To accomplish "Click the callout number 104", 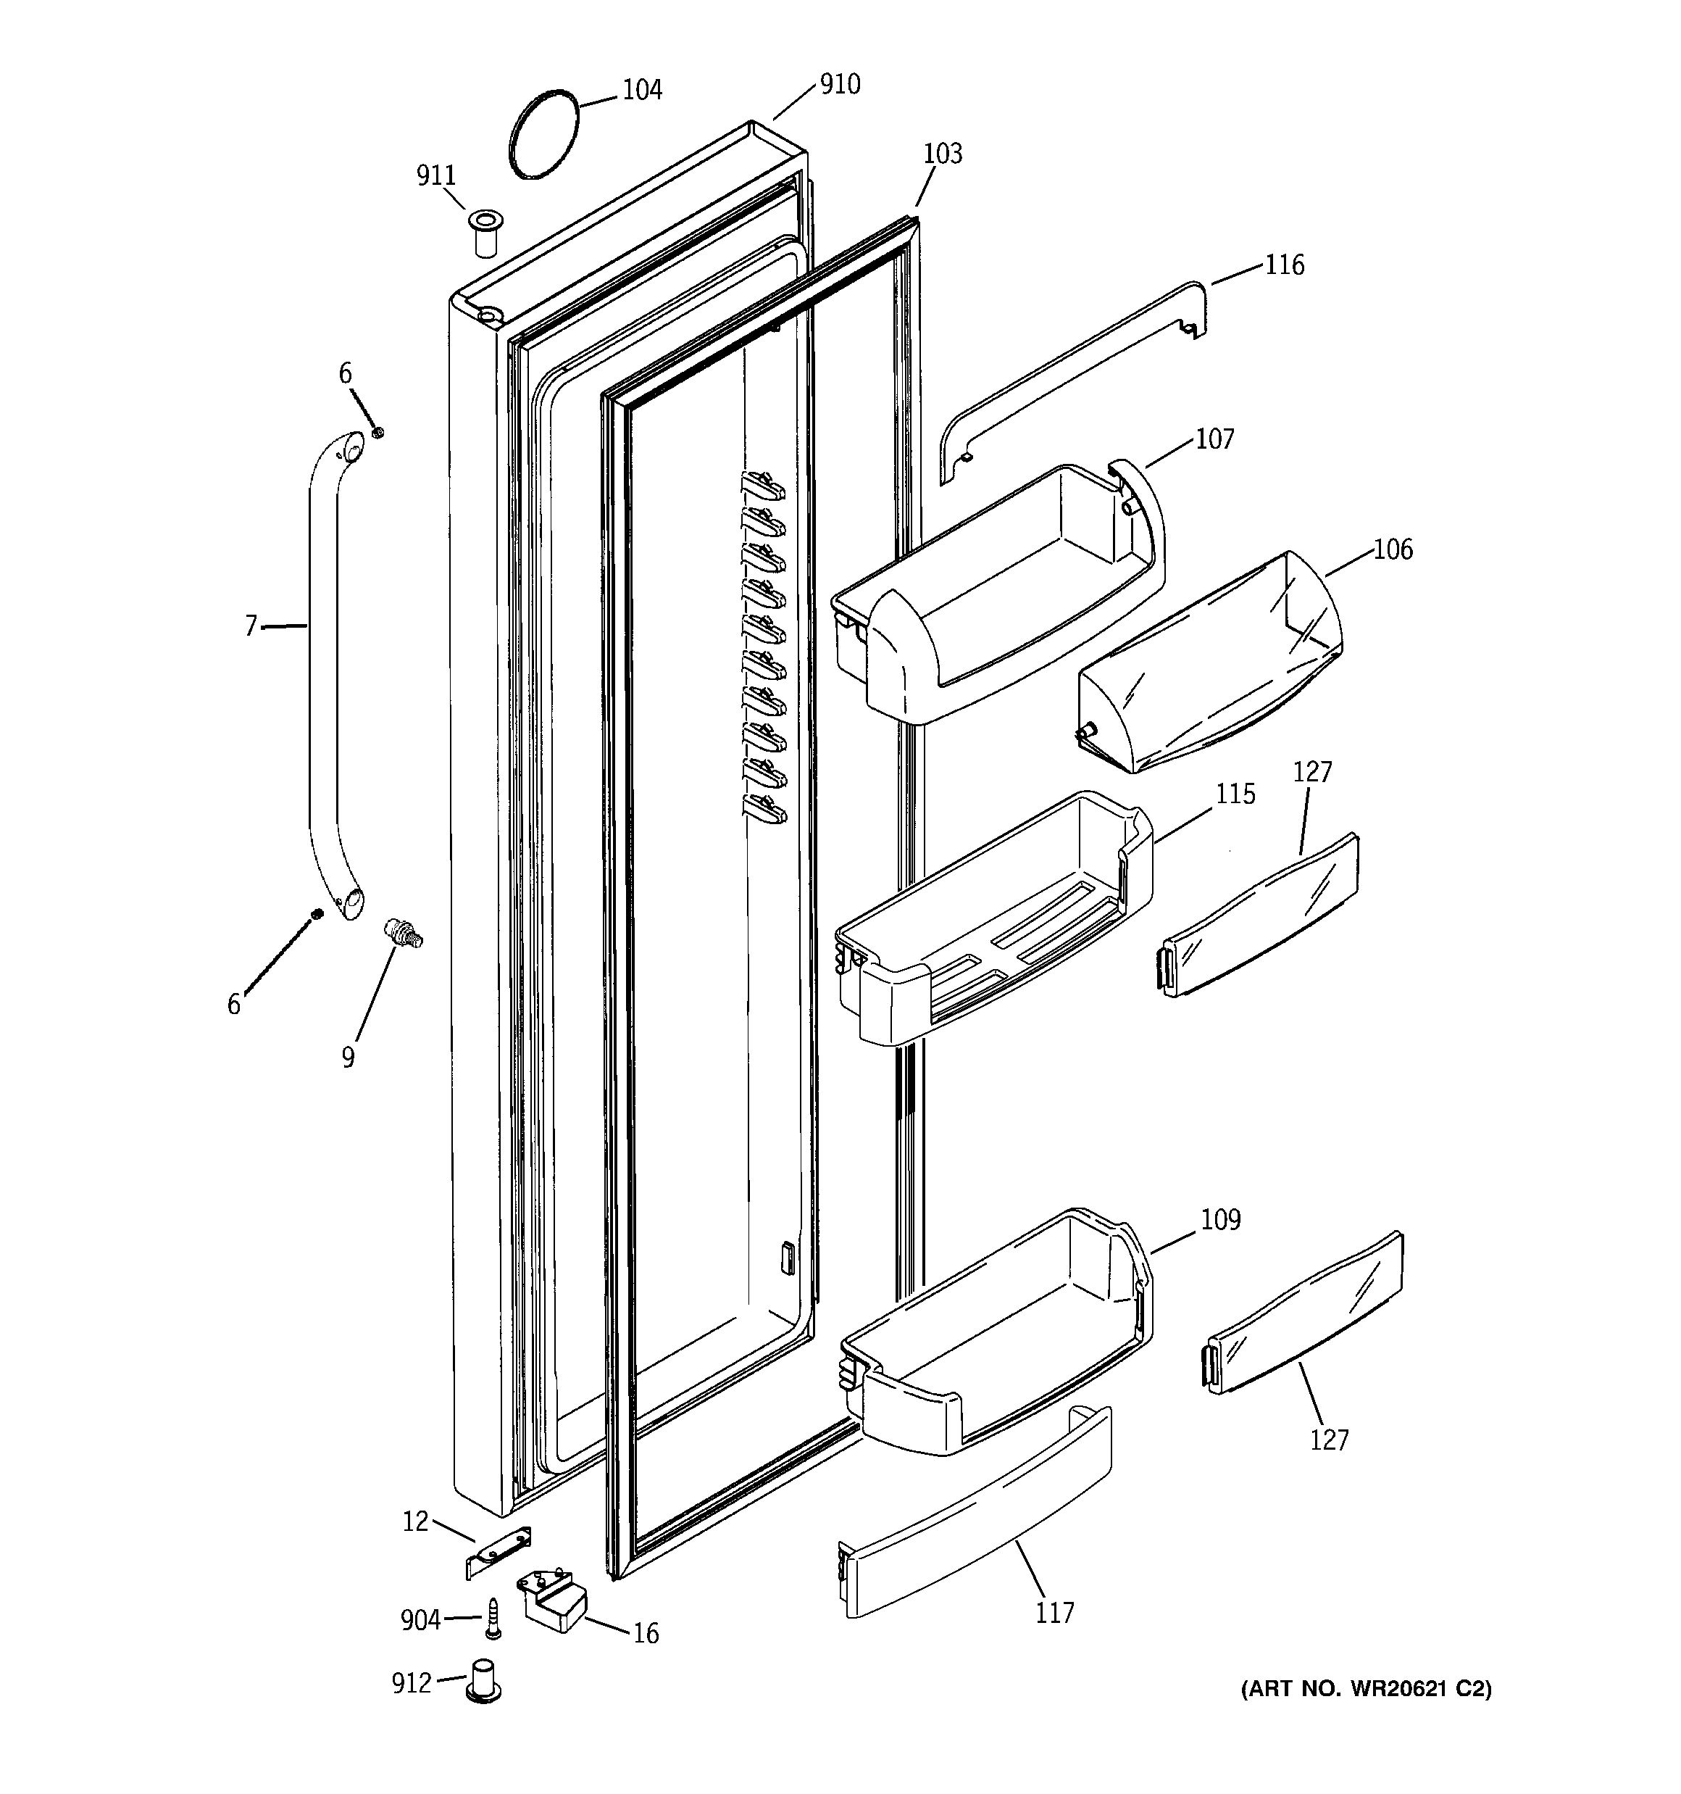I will coord(643,90).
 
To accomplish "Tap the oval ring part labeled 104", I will coord(542,135).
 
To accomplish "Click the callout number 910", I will coord(839,85).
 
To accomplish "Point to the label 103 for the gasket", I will coord(942,154).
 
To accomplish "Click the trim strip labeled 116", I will coord(1064,378).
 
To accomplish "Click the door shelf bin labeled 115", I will coord(993,921).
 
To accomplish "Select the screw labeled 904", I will coord(493,1620).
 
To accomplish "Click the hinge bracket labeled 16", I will coord(551,1601).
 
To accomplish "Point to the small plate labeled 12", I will coord(499,1551).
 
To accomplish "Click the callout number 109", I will coord(1220,1220).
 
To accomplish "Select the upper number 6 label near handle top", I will coord(346,373).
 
